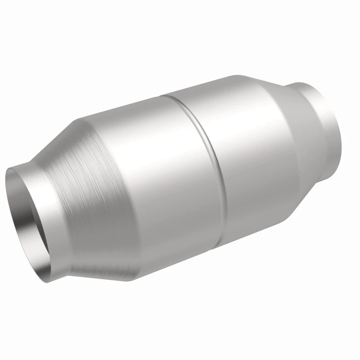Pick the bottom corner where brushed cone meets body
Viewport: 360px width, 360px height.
135,279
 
